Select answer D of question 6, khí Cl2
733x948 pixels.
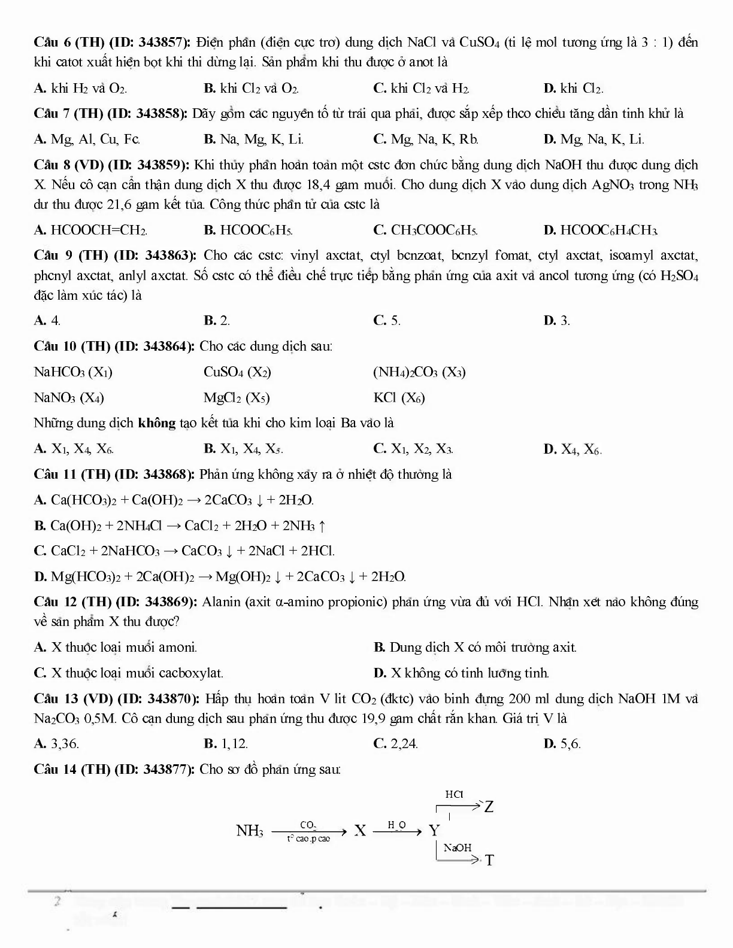coord(573,89)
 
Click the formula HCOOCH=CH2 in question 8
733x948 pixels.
coord(99,230)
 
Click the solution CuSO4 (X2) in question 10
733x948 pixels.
coord(237,372)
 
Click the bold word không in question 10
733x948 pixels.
coord(156,423)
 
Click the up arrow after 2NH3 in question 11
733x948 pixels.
coord(322,526)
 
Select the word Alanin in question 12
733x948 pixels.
coord(221,602)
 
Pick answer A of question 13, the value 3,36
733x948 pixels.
coord(65,744)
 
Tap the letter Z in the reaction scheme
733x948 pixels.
coord(489,807)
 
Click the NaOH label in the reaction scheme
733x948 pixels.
coord(458,847)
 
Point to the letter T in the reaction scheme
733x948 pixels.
coord(489,861)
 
